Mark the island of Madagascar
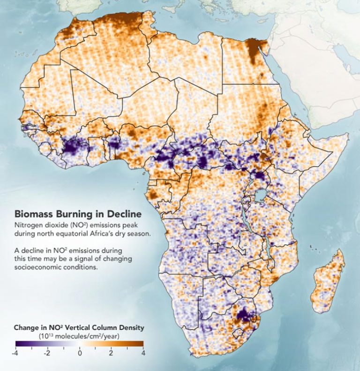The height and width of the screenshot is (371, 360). (330, 277)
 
